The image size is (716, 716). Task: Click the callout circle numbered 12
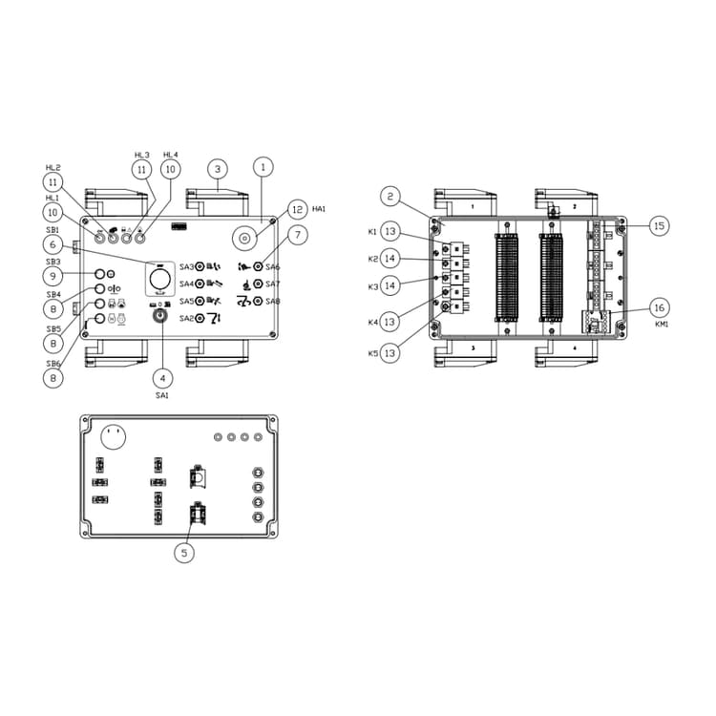(297, 209)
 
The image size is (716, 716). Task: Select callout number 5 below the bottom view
(186, 551)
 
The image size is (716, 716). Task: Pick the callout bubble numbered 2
(390, 197)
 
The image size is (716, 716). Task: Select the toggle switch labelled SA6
(258, 267)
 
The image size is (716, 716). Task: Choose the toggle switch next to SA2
(200, 318)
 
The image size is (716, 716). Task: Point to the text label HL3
(142, 155)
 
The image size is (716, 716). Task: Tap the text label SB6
(53, 364)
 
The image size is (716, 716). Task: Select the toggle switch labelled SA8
(258, 301)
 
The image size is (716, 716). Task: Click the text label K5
(372, 354)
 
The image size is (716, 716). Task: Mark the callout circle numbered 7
(297, 235)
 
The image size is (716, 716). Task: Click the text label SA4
(186, 284)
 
